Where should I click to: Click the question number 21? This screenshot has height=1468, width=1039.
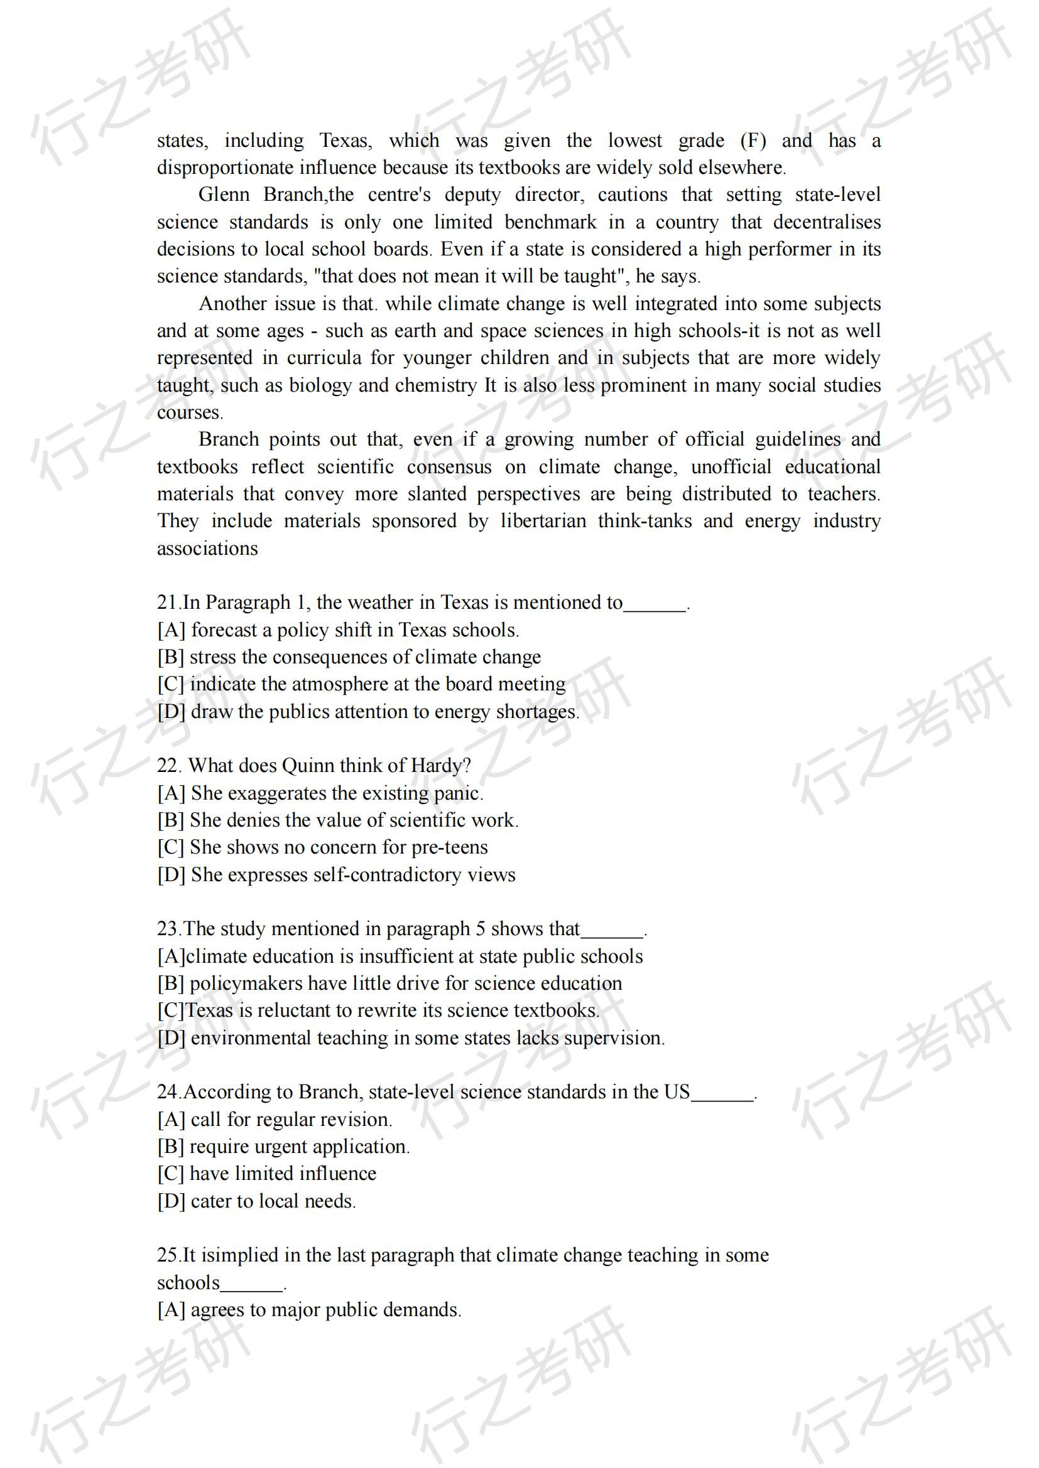[169, 603]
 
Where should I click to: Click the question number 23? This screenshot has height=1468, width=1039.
[169, 929]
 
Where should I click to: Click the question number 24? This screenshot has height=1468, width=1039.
[169, 1092]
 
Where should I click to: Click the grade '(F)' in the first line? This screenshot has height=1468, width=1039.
[753, 141]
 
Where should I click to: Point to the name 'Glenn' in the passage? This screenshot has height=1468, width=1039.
[223, 195]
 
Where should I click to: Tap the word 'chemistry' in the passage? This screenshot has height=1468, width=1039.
[436, 385]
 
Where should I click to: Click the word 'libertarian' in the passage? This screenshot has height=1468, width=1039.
[543, 521]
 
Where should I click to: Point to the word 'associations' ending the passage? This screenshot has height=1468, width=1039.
[207, 549]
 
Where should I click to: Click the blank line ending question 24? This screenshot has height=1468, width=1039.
[723, 1095]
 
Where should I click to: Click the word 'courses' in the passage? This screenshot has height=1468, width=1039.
[188, 412]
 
